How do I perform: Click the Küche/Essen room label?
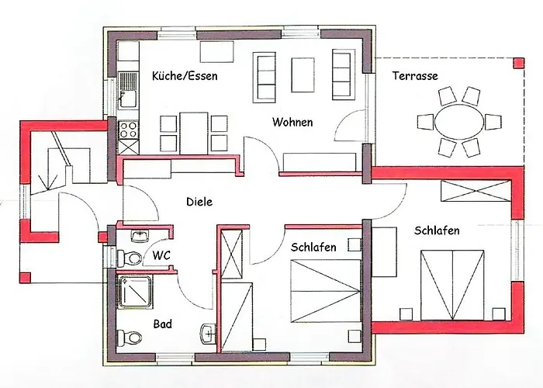pyautogui.click(x=185, y=76)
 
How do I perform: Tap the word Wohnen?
pyautogui.click(x=292, y=122)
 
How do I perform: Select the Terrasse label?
pyautogui.click(x=415, y=76)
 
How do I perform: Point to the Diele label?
pyautogui.click(x=199, y=202)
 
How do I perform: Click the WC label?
pyautogui.click(x=161, y=255)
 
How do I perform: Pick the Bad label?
pyautogui.click(x=163, y=324)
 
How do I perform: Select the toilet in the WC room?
pyautogui.click(x=132, y=257)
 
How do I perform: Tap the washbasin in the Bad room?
pyautogui.click(x=206, y=333)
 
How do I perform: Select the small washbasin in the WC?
pyautogui.click(x=140, y=235)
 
